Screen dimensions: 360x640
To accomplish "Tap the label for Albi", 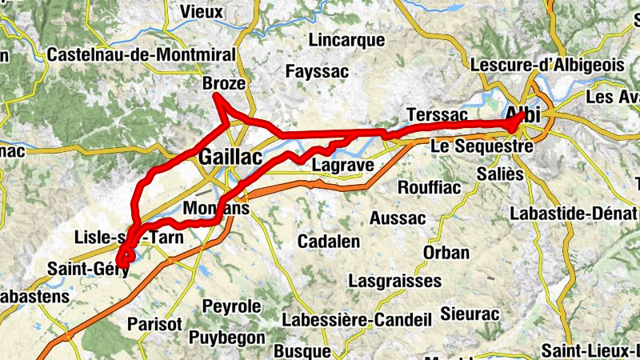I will click(x=523, y=115).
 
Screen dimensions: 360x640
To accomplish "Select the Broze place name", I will click(x=224, y=84).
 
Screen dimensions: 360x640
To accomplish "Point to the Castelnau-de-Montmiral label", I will click(x=142, y=55).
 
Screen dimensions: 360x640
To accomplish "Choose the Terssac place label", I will click(x=436, y=114).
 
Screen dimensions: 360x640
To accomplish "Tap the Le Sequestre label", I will click(x=482, y=147).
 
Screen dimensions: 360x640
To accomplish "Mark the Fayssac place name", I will click(x=318, y=72).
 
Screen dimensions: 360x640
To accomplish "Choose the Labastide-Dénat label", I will click(x=573, y=214).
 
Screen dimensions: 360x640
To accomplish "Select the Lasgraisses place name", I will click(x=395, y=281).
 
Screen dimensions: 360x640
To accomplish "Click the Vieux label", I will click(x=202, y=11).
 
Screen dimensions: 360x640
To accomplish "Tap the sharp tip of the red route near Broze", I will click(x=215, y=96).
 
